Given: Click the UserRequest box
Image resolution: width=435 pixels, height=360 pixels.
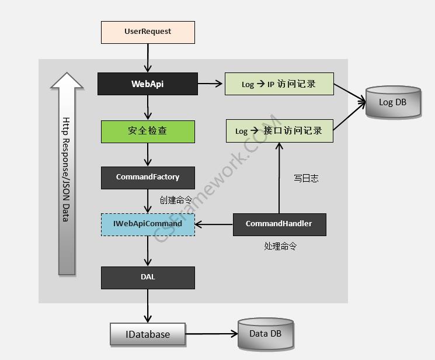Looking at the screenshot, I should tap(148, 32).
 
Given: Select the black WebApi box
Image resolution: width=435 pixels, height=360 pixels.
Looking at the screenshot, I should tap(148, 84).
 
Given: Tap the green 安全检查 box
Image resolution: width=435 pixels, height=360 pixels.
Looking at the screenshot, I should tap(148, 131).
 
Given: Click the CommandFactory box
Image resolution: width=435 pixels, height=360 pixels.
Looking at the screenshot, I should tap(148, 177).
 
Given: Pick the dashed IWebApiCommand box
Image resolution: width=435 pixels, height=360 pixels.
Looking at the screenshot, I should tap(148, 224).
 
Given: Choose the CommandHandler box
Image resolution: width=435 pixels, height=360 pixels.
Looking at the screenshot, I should tap(279, 224).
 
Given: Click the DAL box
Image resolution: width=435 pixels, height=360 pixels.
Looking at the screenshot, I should tap(148, 278).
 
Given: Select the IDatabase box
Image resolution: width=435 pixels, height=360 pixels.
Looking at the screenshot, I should tap(148, 334).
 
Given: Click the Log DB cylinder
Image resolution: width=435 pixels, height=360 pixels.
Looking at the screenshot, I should tap(393, 102).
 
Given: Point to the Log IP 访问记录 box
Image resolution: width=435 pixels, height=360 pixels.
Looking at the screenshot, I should tap(279, 84).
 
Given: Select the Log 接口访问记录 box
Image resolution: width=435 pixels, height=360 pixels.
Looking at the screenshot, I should tap(279, 131).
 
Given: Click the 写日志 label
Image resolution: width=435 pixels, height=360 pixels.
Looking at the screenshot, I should tap(306, 178).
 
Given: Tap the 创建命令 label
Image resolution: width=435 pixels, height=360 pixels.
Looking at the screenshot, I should tap(176, 200).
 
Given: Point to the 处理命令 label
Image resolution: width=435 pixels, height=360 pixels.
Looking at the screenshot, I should tap(280, 246).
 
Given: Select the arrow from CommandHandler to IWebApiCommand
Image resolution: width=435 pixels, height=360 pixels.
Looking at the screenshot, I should tap(214, 224).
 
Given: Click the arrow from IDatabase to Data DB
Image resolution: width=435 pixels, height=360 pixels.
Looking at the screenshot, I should tap(211, 334).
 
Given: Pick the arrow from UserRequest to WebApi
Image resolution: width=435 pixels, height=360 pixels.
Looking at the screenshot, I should tap(148, 58).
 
